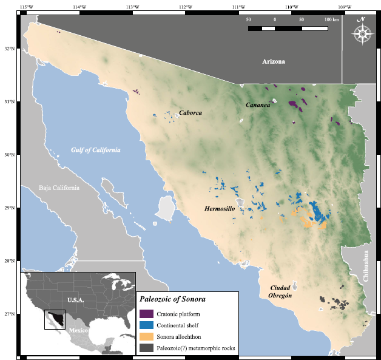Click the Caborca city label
click(x=190, y=113)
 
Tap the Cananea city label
click(x=257, y=105)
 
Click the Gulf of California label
click(x=95, y=150)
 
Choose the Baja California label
click(x=59, y=188)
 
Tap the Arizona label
click(x=273, y=62)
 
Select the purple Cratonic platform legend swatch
click(x=146, y=314)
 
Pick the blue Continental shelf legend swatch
click(x=146, y=325)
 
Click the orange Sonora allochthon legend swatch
click(x=146, y=336)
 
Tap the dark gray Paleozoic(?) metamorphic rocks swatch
click(x=146, y=348)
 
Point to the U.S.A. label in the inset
click(x=76, y=300)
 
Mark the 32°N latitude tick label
click(x=10, y=49)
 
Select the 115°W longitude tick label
click(x=26, y=7)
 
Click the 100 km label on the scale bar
click(x=331, y=20)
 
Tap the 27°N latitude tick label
click(x=10, y=314)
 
